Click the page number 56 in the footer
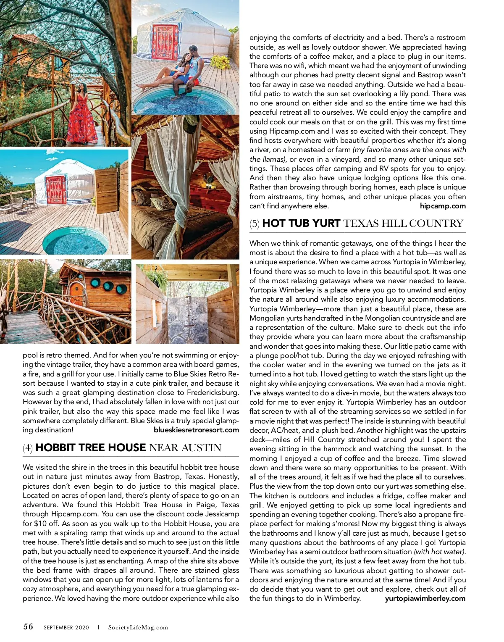tap(28, 626)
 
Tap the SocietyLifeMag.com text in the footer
tap(138, 628)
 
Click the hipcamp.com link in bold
tap(443, 206)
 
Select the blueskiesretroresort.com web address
tap(196, 430)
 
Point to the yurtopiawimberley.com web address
tap(425, 598)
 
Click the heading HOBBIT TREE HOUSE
tap(91, 448)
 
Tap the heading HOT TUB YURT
tap(301, 224)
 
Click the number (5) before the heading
tap(255, 224)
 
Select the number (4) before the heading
tap(28, 448)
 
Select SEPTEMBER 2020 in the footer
tap(66, 628)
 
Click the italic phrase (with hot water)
tap(440, 552)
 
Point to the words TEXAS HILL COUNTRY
tap(403, 224)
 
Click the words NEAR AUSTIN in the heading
tap(185, 448)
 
